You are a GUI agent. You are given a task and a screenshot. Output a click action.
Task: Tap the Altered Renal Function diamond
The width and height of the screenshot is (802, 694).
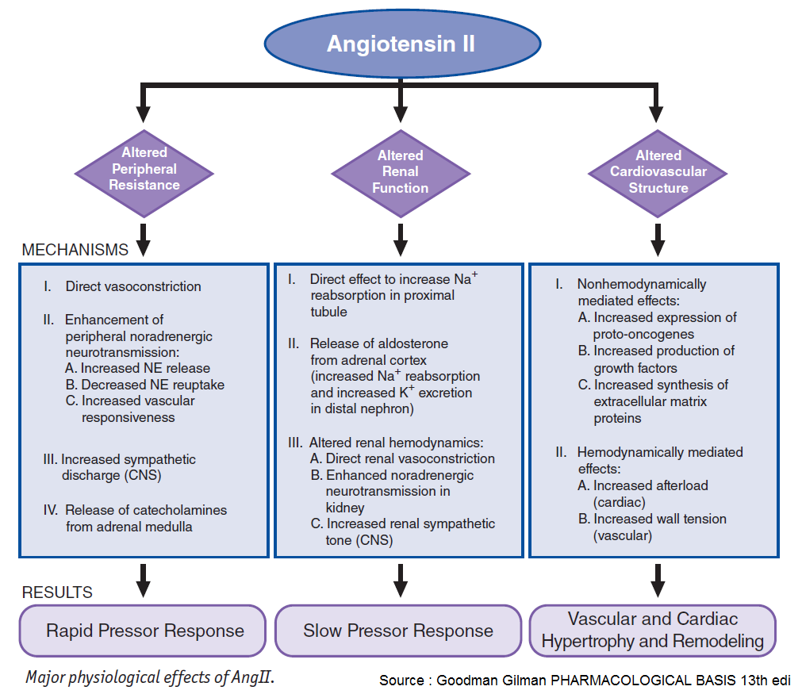(401, 172)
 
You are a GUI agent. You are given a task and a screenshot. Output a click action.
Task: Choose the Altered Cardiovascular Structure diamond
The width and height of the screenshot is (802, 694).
(658, 172)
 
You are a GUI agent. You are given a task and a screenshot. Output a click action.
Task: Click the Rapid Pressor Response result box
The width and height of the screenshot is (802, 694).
(144, 631)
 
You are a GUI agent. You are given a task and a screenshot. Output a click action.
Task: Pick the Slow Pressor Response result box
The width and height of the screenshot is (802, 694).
(398, 631)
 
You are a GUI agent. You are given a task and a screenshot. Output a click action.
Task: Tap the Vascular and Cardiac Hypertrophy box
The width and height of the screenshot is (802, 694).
(652, 631)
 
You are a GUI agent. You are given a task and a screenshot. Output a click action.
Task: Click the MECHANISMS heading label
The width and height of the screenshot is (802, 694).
(75, 250)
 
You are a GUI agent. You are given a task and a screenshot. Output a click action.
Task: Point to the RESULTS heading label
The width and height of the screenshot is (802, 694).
(57, 592)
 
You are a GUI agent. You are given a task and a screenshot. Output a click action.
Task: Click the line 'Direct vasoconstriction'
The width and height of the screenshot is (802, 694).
(133, 286)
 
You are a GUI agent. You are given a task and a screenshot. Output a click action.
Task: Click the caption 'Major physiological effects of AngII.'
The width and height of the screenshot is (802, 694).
(150, 677)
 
